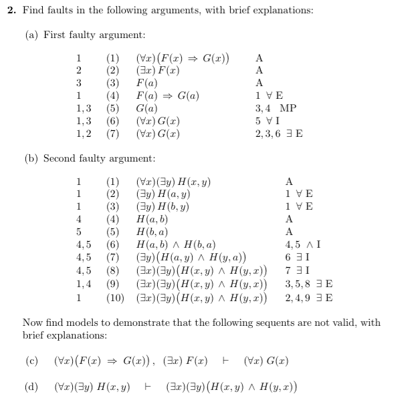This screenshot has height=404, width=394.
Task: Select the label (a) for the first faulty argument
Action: tap(31, 34)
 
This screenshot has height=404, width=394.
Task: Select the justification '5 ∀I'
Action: tap(268, 121)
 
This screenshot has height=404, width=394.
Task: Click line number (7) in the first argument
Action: tap(113, 134)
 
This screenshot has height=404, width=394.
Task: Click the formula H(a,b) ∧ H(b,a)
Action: tap(175, 244)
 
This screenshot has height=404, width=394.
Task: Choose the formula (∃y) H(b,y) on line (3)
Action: tap(163, 206)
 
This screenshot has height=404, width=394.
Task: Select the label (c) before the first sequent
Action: tap(31, 361)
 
